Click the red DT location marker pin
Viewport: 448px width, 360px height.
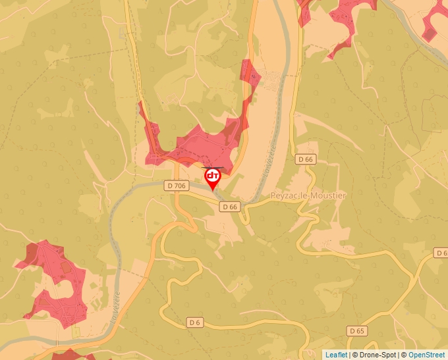click(x=213, y=177)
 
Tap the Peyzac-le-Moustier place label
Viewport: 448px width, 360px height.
click(x=308, y=196)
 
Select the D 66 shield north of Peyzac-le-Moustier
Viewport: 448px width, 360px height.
click(x=306, y=159)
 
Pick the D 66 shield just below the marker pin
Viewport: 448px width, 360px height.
click(x=229, y=207)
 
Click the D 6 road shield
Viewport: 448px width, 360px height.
click(x=194, y=322)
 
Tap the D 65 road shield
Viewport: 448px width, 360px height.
click(x=356, y=331)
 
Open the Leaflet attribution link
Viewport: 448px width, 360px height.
click(x=336, y=355)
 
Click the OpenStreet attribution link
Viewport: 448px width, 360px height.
click(x=428, y=355)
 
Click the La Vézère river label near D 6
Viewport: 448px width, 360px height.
click(x=115, y=306)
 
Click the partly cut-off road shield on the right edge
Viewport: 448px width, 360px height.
click(x=441, y=253)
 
